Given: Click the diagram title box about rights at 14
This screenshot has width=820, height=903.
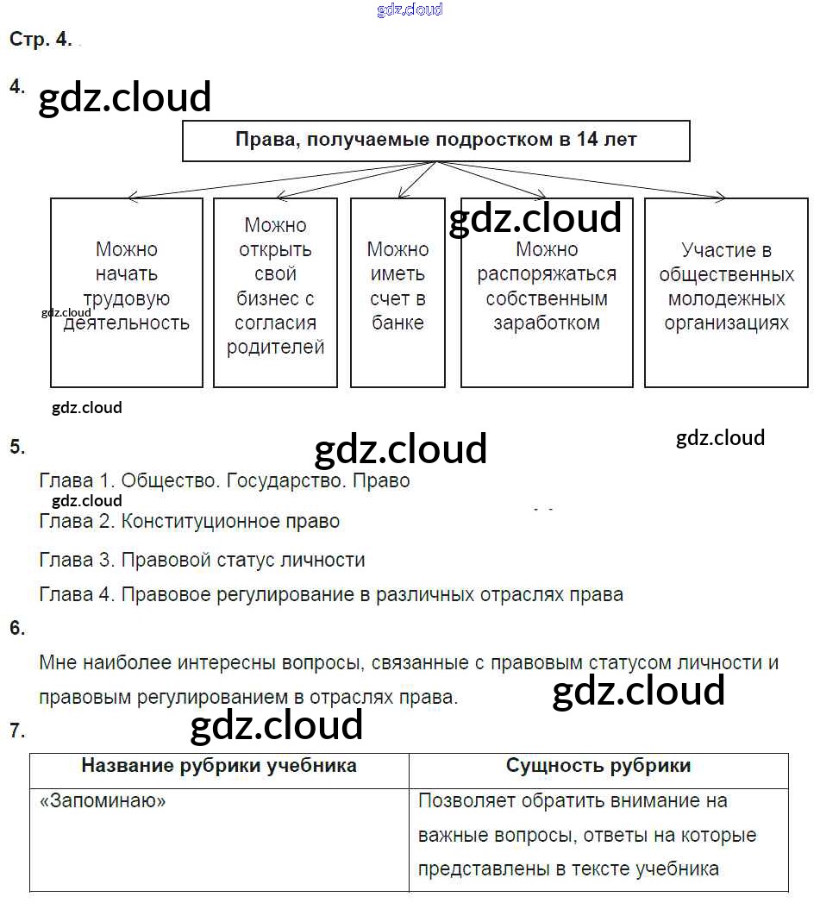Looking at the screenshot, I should [435, 141].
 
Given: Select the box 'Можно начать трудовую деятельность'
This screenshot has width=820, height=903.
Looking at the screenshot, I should [127, 292].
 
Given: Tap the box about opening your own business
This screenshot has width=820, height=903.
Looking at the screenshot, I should [275, 292].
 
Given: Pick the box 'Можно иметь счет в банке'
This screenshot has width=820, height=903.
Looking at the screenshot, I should [397, 292].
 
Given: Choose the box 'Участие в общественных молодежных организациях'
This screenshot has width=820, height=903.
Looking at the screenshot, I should [726, 292].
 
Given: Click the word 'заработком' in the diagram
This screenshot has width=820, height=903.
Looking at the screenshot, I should [547, 323].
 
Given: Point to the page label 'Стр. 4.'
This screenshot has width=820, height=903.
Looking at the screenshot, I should [41, 40].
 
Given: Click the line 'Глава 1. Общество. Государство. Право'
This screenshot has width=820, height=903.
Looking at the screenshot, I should [224, 480].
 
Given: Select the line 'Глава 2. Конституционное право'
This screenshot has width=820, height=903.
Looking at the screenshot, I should [190, 521].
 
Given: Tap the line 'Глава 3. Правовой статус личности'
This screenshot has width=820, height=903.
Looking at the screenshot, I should [202, 560].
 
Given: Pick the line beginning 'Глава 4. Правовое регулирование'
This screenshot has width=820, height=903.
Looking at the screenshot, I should [331, 594].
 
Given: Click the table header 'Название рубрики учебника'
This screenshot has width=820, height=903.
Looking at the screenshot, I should [219, 766].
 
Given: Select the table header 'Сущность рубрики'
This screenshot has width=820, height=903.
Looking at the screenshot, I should [598, 766].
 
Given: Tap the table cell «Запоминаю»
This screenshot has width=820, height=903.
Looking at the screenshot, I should [103, 800].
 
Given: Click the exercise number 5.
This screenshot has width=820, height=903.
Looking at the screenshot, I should [17, 447].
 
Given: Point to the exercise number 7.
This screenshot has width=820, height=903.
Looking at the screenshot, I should [17, 731].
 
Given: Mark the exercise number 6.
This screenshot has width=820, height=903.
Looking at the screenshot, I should [17, 628].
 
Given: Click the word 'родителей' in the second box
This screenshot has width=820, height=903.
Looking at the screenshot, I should [275, 348].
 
